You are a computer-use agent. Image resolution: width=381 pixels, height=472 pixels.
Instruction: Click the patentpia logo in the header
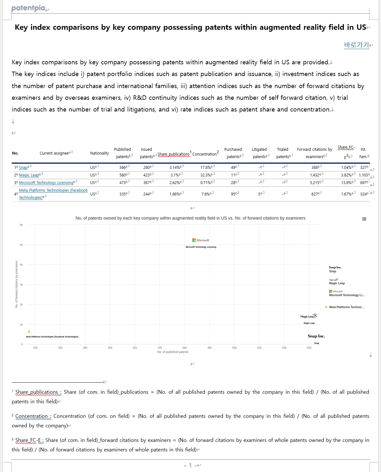point(28,8)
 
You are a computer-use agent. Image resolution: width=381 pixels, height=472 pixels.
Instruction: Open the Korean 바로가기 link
point(356,45)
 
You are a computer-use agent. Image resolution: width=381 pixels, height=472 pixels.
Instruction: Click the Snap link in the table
point(23,168)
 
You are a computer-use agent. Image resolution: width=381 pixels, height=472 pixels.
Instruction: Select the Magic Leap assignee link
point(29,175)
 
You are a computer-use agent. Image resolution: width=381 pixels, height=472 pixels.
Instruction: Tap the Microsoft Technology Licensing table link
point(46,183)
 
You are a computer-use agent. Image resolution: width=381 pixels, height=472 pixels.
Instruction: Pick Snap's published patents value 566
point(122,167)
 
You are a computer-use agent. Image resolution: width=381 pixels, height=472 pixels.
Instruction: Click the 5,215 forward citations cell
point(315,183)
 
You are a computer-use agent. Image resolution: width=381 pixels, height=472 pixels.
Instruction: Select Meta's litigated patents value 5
point(259,194)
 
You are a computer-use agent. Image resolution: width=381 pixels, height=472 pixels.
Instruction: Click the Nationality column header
point(99,153)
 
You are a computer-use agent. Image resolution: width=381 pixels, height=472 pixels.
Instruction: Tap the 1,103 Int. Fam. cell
point(363,175)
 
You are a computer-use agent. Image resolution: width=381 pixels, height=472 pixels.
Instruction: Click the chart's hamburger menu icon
point(364,219)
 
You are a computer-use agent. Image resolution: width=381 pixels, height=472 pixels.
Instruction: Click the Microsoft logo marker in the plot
point(201,240)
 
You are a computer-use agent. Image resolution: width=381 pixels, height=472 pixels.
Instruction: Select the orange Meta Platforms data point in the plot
point(29,332)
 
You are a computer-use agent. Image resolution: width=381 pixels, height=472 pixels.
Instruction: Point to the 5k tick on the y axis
point(21,245)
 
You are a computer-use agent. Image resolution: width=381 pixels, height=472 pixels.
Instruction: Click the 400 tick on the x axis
point(110,348)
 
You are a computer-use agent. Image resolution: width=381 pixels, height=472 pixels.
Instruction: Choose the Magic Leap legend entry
point(337,283)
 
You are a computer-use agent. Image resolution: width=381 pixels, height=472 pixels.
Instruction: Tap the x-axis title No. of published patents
point(173,352)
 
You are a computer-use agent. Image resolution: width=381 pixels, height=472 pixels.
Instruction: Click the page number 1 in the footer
point(190,465)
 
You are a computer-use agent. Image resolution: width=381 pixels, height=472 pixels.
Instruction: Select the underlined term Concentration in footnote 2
point(31,416)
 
